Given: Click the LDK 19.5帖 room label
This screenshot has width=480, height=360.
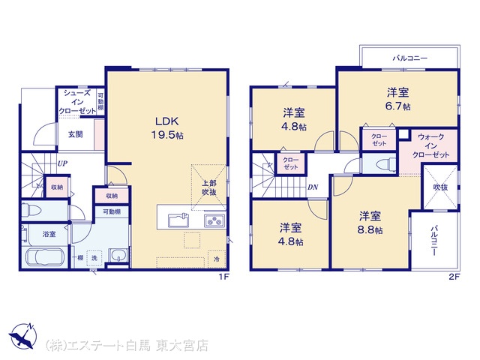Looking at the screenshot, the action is click(168, 127).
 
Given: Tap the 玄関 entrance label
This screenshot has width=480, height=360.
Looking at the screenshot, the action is click(75, 134).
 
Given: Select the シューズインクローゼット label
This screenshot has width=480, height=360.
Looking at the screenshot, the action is click(76, 102).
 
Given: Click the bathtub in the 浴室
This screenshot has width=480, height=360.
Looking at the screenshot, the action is click(44, 257).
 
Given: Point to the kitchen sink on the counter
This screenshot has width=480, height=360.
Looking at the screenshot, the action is click(178, 220).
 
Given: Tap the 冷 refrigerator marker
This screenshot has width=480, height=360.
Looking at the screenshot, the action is click(217, 259).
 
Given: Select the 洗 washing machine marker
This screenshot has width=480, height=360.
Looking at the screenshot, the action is click(94, 258).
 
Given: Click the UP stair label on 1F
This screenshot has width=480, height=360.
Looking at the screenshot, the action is click(62, 163).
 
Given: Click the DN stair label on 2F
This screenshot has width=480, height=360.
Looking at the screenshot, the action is click(313, 187).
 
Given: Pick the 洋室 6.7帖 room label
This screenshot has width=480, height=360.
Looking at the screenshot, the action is click(397, 99).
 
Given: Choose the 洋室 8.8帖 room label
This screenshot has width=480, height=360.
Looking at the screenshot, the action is click(370, 223).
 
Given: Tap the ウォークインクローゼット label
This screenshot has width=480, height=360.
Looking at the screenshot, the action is click(430, 145).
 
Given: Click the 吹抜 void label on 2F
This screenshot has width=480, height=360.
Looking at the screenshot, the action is click(440, 187).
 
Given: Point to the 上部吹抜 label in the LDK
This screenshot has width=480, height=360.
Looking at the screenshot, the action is click(209, 187).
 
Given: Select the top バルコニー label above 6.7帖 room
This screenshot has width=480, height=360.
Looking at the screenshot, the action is click(410, 58).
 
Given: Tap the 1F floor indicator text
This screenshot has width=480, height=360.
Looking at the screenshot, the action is click(223, 277).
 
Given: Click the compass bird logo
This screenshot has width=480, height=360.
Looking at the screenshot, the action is click(22, 335).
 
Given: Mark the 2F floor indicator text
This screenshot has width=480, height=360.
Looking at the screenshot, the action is click(454, 277).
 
